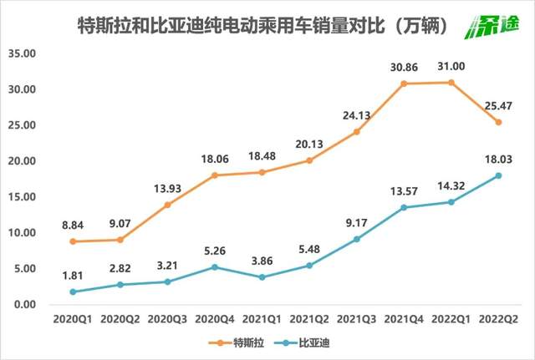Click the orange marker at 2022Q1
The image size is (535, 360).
pos(451,82)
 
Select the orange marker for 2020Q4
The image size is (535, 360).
pos(214,175)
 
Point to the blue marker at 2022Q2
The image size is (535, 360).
pos(499,175)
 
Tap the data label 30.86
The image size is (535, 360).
pos(404,67)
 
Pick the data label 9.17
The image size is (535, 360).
pos(356,223)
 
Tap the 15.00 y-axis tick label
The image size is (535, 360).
pos(24,197)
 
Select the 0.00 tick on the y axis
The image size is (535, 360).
pos(28,305)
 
